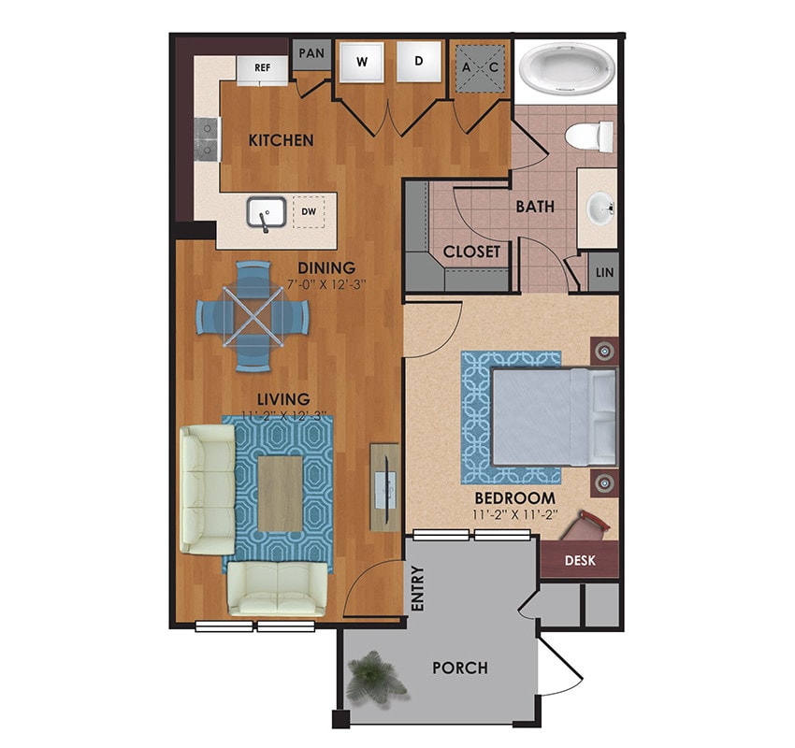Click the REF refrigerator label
tap(263, 67)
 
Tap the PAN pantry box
tap(311, 54)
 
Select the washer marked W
tap(360, 63)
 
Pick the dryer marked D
tap(419, 63)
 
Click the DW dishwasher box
tap(308, 212)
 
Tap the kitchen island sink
tap(266, 215)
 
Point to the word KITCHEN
tap(281, 141)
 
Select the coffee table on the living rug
tap(280, 492)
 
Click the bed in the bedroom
tap(553, 416)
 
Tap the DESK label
tap(580, 561)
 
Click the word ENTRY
tap(417, 590)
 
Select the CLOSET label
tap(471, 252)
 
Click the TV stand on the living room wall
tap(384, 486)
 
